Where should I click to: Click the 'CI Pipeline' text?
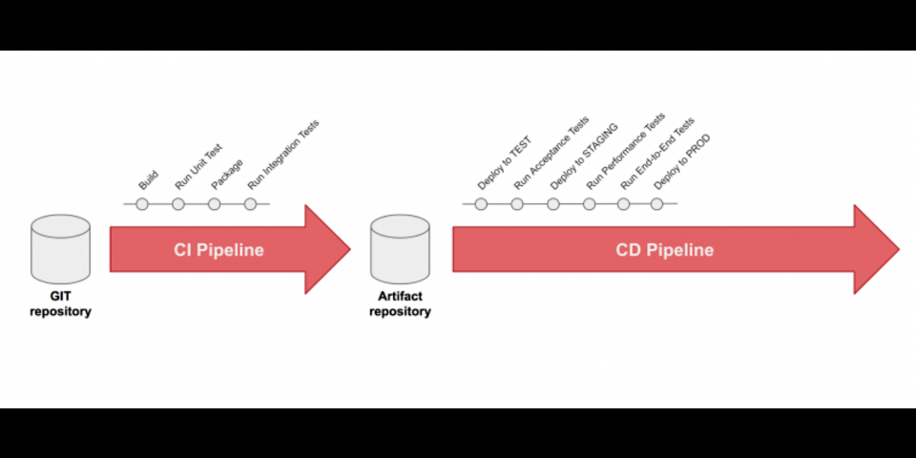tap(219, 250)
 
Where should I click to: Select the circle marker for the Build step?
tap(142, 204)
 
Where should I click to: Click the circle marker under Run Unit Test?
tap(178, 204)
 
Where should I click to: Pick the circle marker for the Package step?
tap(215, 204)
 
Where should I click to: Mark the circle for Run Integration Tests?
tap(250, 204)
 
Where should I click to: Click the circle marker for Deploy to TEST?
tap(481, 204)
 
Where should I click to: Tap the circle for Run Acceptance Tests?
tap(517, 204)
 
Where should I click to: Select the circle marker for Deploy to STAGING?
tap(553, 204)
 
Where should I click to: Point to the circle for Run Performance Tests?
tap(589, 204)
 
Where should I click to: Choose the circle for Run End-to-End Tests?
tap(623, 204)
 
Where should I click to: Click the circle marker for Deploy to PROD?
tap(656, 204)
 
